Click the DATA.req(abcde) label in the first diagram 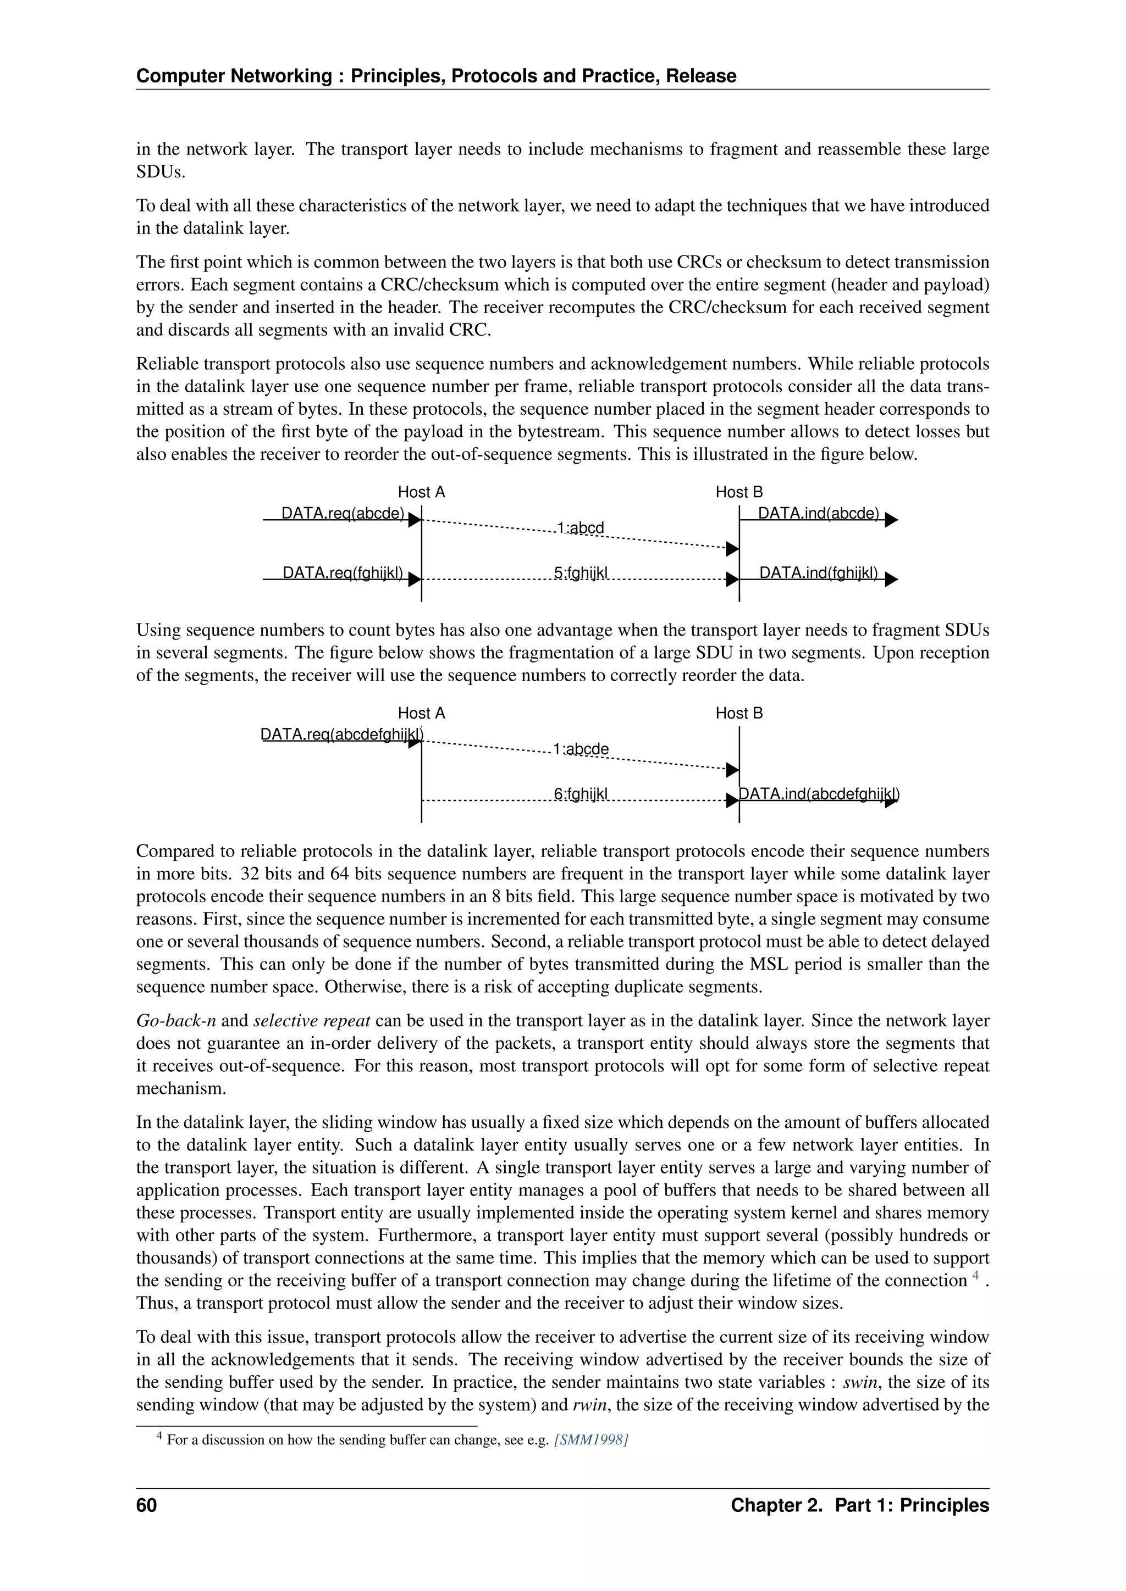point(343,514)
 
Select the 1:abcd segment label point(581,528)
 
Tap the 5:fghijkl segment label point(581,573)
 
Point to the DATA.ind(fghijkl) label point(818,573)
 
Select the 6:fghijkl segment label point(581,794)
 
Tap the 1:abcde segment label point(581,749)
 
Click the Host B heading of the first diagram point(739,492)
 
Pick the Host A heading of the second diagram point(421,713)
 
